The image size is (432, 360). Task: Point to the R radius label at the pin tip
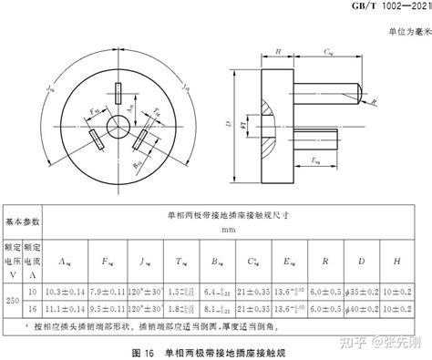point(376,104)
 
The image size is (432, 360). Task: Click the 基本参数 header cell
point(24,222)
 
